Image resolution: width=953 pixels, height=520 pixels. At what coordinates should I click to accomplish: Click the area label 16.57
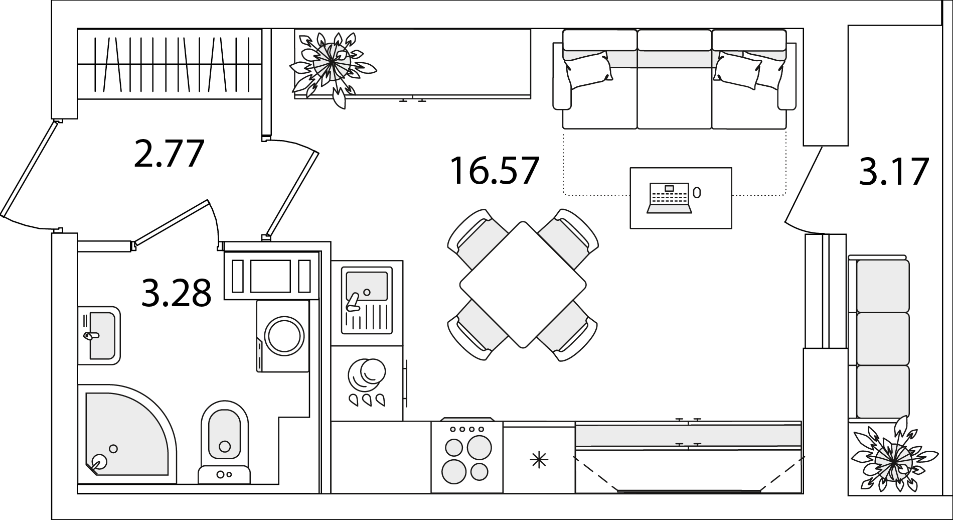coord(494,171)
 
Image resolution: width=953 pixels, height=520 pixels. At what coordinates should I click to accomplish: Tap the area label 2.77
coord(170,154)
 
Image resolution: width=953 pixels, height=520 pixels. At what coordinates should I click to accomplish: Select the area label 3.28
coord(176,293)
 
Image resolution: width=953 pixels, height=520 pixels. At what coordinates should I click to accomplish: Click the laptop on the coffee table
coord(669,198)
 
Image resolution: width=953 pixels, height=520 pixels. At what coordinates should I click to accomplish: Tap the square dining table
coord(523,285)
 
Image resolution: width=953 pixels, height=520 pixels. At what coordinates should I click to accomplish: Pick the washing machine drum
coord(284,336)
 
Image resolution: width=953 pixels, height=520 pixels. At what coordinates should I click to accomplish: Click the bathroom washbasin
coord(99,335)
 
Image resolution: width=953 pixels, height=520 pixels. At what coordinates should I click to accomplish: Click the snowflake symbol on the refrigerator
coord(539,460)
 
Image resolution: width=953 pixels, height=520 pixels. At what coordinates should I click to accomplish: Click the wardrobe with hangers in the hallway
coord(170,64)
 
